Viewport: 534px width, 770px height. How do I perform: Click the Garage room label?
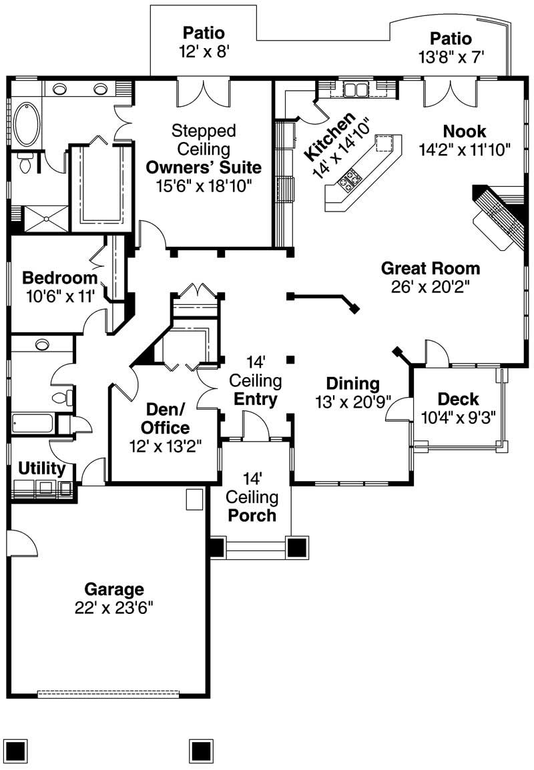[x=113, y=589]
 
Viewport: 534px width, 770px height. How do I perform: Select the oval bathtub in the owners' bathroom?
[x=27, y=124]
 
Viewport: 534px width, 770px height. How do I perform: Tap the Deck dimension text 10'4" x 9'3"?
[x=458, y=418]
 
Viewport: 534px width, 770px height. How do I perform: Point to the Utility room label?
[x=42, y=468]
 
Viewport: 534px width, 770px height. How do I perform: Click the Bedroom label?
[x=60, y=278]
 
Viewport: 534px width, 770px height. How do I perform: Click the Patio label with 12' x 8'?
[x=204, y=33]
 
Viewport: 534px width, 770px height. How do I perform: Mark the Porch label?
[x=251, y=515]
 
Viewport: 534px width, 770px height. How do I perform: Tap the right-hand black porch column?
[x=297, y=547]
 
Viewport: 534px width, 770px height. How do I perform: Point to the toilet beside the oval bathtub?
[x=25, y=162]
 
